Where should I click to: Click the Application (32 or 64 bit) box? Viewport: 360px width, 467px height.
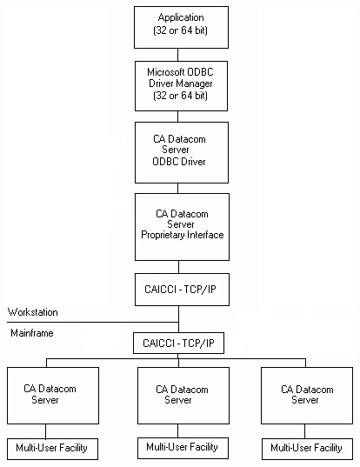pos(181,26)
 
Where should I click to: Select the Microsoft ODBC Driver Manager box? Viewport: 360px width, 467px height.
pos(181,83)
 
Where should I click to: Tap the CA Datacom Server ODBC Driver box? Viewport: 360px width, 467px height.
pos(181,150)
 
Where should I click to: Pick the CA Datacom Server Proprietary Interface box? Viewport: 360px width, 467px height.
pos(181,225)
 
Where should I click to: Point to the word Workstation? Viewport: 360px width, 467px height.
pos(33,311)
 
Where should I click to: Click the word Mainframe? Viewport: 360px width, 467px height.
pos(31,332)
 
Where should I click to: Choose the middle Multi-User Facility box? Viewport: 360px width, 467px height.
pos(181,448)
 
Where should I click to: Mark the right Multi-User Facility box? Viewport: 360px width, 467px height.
pos(305,449)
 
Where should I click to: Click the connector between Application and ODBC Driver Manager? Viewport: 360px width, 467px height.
pos(181,53)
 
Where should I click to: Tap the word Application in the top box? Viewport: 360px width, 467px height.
pos(181,17)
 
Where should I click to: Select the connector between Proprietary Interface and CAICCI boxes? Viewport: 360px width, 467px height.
pos(181,267)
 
